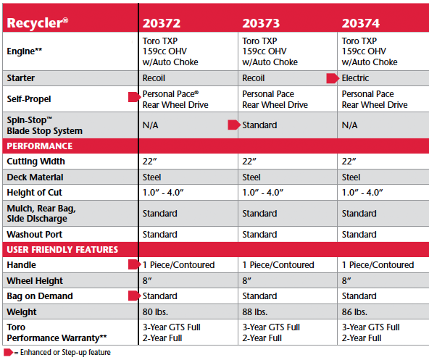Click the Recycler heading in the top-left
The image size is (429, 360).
(x=38, y=23)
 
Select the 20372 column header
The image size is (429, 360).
(x=162, y=23)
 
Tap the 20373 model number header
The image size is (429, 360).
(x=261, y=23)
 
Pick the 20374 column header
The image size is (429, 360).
(x=361, y=23)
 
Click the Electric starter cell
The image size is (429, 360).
(x=355, y=78)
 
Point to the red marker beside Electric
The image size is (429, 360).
(x=333, y=78)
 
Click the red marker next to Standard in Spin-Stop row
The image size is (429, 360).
(x=234, y=125)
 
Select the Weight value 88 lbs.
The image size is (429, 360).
(x=255, y=312)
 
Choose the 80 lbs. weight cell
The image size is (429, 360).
(x=155, y=312)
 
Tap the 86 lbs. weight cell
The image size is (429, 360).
(x=354, y=312)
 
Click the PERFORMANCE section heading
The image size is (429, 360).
(x=40, y=146)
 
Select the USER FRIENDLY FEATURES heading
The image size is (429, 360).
(x=62, y=249)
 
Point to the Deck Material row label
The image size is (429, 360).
(x=35, y=177)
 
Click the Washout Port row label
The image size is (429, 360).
(x=35, y=235)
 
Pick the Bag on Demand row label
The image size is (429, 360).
(x=40, y=296)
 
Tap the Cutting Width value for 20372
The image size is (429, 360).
(x=150, y=162)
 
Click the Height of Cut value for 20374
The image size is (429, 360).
(x=362, y=193)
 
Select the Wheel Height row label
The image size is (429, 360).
(x=35, y=281)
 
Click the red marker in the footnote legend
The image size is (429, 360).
(x=8, y=352)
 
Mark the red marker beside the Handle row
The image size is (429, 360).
(x=134, y=264)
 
